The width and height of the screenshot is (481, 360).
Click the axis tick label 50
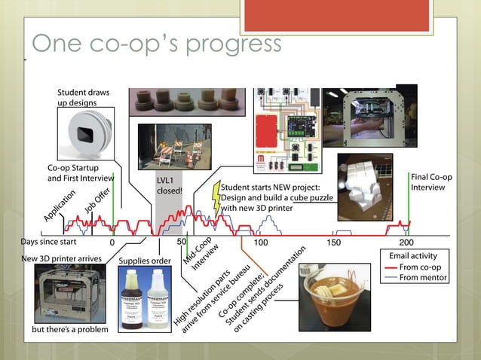[x=181, y=243]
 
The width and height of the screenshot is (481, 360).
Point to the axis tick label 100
[x=260, y=243]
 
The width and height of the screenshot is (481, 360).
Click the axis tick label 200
[x=406, y=243]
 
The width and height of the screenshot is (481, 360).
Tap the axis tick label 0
[x=112, y=243]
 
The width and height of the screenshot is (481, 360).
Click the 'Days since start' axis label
[x=49, y=243]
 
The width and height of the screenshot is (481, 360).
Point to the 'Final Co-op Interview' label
[x=432, y=182]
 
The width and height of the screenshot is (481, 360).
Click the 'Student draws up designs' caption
[x=83, y=97]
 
